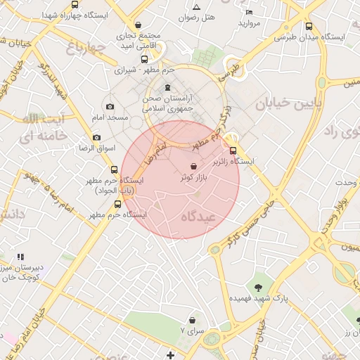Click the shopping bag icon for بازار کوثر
[x=193, y=167]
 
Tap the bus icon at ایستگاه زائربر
[x=233, y=150]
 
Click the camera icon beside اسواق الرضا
[x=96, y=138]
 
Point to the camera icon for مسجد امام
[x=110, y=105]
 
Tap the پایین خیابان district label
[x=288, y=105]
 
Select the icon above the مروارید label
[x=249, y=12]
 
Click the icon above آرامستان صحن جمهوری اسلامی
[x=167, y=88]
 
